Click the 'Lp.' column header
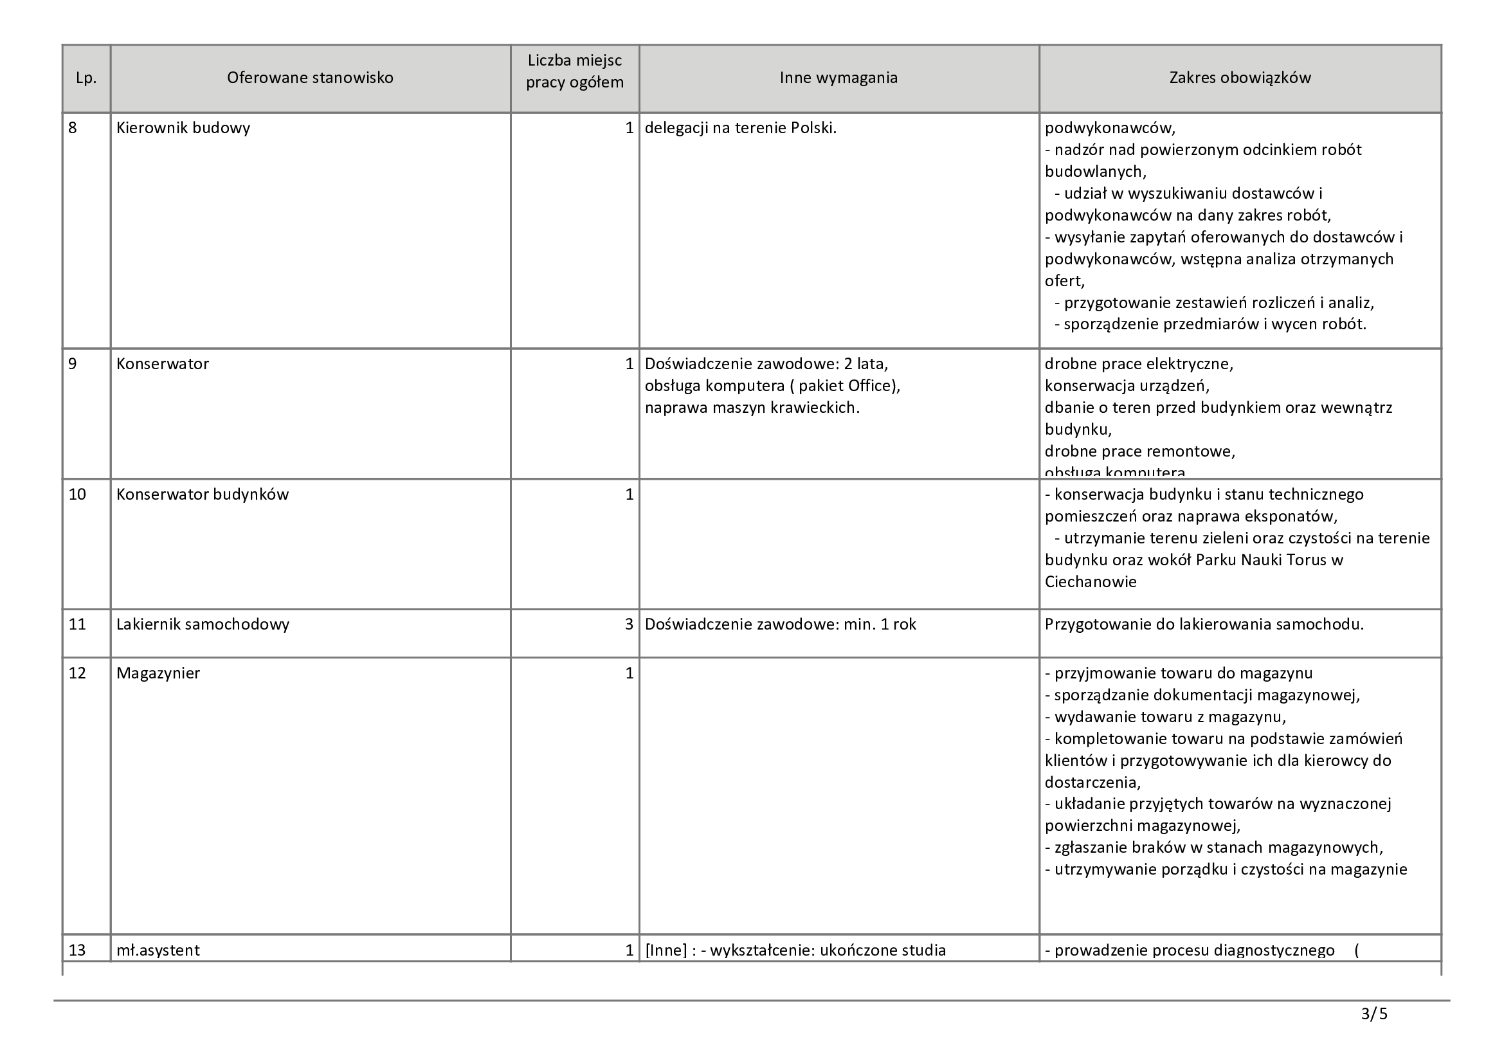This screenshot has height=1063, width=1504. click(86, 78)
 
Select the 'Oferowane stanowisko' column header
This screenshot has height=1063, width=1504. click(310, 78)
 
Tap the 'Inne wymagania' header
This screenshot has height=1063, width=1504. click(838, 78)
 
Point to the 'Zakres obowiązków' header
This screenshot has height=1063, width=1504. click(1239, 78)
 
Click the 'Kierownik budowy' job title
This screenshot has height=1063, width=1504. click(183, 128)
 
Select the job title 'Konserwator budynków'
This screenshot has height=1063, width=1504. click(202, 495)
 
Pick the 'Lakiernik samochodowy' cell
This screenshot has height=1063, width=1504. click(203, 624)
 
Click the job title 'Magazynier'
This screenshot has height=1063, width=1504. click(158, 673)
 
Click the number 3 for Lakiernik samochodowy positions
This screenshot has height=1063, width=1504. click(629, 624)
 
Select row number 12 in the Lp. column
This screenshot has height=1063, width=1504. click(77, 673)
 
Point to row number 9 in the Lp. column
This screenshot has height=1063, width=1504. click(73, 364)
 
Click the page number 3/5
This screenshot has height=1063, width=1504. click(1373, 1015)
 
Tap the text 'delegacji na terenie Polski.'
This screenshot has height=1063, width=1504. click(740, 128)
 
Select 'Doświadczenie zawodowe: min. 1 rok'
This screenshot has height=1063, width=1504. click(779, 624)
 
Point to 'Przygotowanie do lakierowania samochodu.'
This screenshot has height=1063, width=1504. click(1203, 624)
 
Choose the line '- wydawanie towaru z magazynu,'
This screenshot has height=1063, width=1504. click(1164, 716)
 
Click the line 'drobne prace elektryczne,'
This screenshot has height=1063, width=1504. click(1139, 364)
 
